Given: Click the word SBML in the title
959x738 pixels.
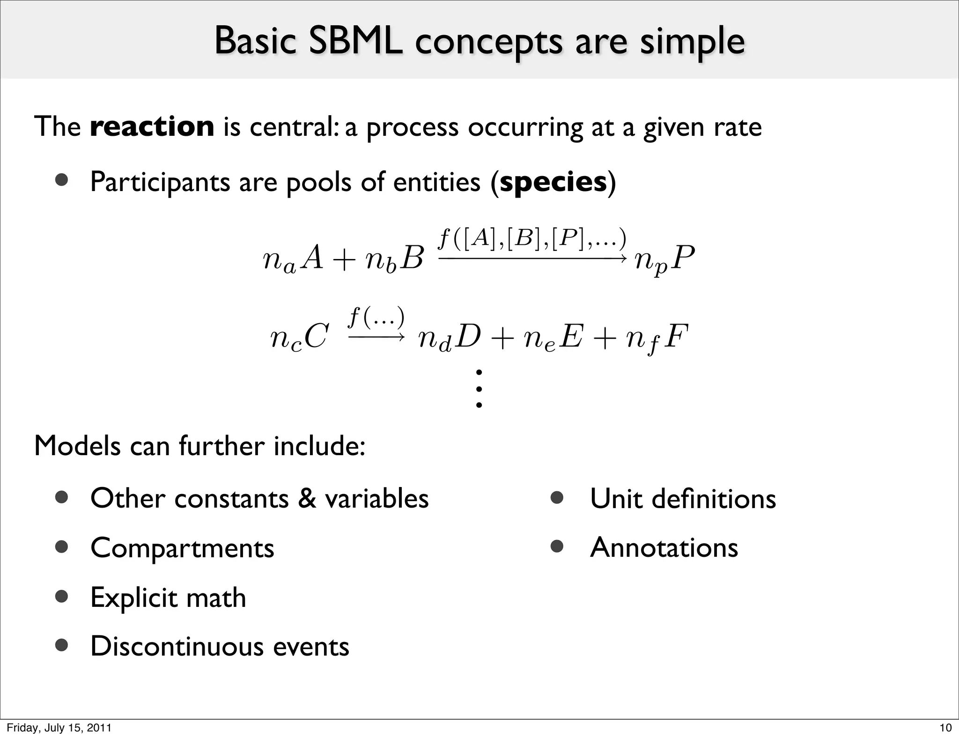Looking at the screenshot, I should pos(355,41).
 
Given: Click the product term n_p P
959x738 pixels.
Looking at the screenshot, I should pos(664,260).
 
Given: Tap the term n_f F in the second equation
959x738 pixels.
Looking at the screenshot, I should pos(657,338).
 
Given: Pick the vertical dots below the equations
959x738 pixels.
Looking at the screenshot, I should pos(479,388).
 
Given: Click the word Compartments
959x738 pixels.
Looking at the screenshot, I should pos(182,547).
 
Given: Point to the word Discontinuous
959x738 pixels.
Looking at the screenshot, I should pos(177,646).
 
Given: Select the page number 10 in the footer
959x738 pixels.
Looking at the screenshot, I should pos(945,728).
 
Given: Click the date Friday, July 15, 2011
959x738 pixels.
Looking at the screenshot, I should pos(59,728).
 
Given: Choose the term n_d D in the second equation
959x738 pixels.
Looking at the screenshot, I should pos(449,338).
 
